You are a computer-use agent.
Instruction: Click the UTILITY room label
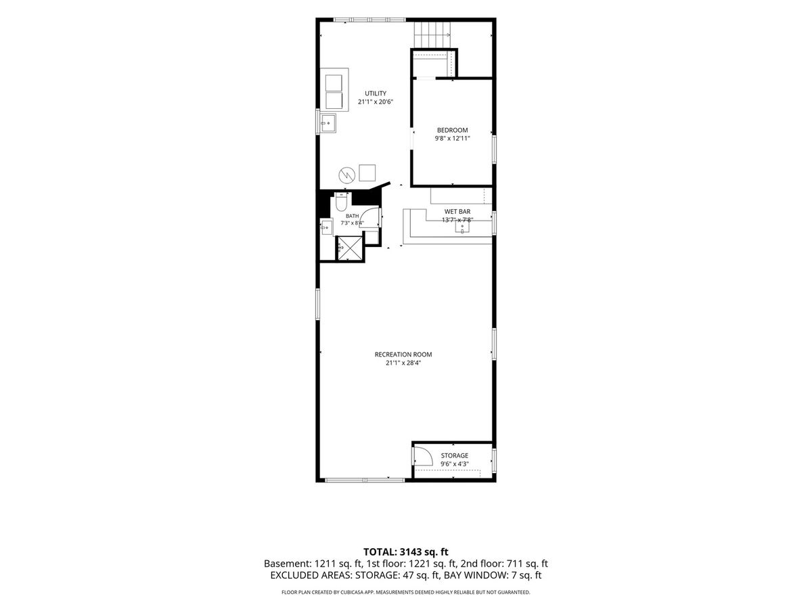[x=376, y=93]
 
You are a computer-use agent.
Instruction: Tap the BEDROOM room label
[x=452, y=130]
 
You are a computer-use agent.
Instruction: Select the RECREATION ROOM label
[x=403, y=355]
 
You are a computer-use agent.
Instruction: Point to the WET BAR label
[x=457, y=212]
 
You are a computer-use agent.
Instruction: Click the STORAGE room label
[x=454, y=455]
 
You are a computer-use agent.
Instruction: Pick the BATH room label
[x=352, y=216]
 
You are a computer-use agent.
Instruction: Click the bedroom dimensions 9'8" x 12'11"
[x=452, y=139]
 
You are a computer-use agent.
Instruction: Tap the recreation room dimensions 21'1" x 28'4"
[x=403, y=363]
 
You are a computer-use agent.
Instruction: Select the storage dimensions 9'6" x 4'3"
[x=454, y=464]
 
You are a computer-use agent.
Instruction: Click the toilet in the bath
[x=341, y=202]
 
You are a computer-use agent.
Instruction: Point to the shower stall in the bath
[x=350, y=248]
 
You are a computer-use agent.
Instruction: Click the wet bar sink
[x=462, y=226]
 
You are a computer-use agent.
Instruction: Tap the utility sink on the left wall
[x=328, y=122]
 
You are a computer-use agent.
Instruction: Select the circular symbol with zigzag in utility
[x=346, y=175]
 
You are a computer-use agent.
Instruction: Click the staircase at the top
[x=432, y=35]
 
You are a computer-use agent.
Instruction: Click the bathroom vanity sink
[x=326, y=227]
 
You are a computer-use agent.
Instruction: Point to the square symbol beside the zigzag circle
[x=367, y=173]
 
